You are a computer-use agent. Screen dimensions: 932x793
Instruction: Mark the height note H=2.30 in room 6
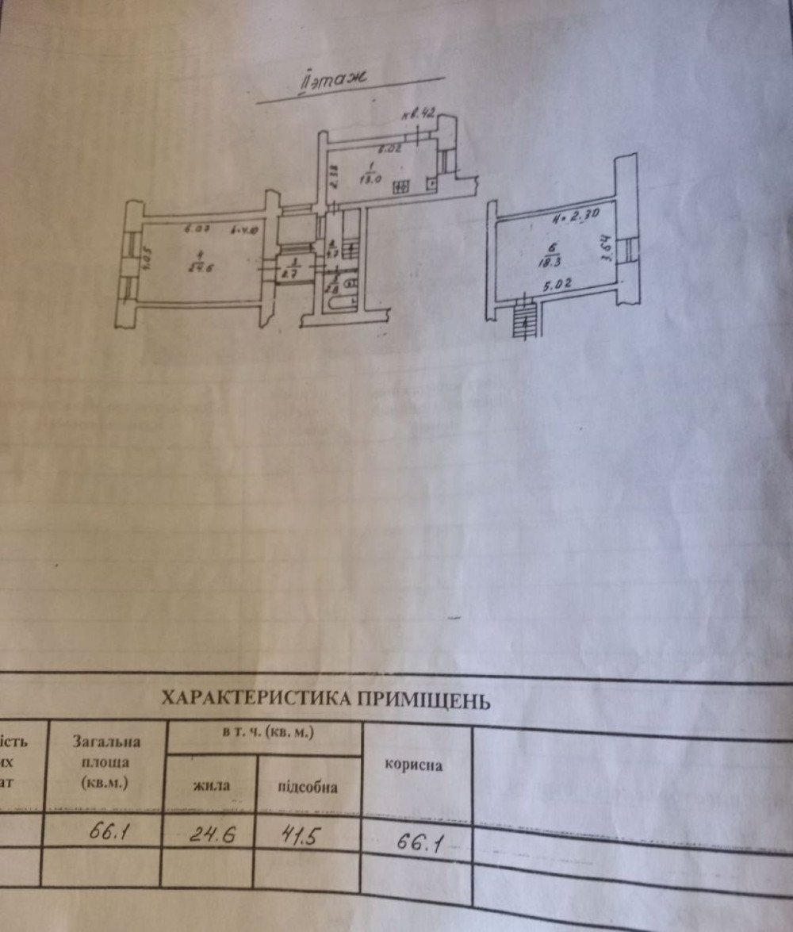(x=575, y=213)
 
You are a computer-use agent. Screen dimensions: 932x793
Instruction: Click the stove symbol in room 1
(x=400, y=186)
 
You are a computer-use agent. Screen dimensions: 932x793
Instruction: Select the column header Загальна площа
(x=107, y=761)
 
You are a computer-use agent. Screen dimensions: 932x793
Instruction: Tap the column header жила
(x=211, y=786)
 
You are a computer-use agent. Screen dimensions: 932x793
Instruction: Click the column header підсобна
(x=308, y=787)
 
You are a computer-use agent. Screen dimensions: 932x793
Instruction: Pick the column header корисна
(x=413, y=765)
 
